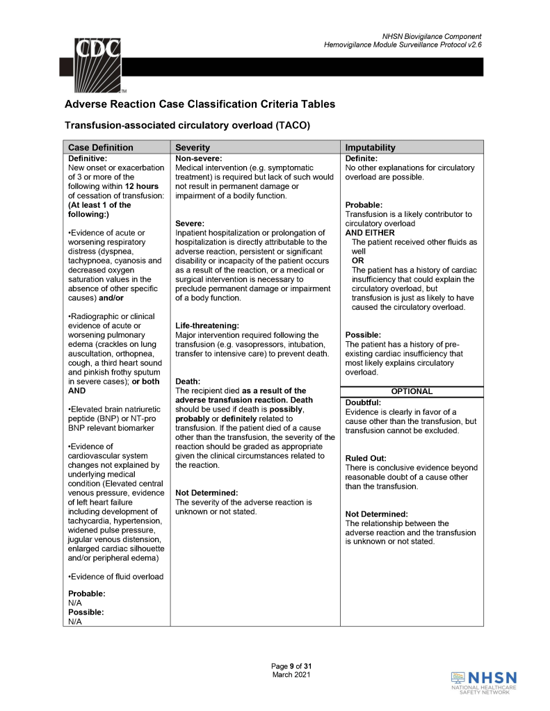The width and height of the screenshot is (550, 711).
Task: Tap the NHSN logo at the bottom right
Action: (485, 682)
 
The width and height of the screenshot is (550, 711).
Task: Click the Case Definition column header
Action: (100, 147)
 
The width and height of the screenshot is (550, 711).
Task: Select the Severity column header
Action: (193, 147)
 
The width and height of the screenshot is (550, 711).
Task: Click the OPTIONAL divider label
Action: (412, 391)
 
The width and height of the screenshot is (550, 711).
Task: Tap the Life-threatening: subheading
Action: (207, 325)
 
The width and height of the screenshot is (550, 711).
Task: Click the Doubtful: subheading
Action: (363, 402)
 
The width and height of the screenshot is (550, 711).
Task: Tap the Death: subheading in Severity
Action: (188, 382)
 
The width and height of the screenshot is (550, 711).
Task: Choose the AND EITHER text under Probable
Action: (370, 233)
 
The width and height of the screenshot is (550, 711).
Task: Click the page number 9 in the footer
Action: (293, 667)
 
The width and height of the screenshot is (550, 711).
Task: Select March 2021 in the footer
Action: (291, 675)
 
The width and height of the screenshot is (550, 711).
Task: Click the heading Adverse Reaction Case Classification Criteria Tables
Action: (200, 104)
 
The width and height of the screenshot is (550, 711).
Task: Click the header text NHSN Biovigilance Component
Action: (432, 36)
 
